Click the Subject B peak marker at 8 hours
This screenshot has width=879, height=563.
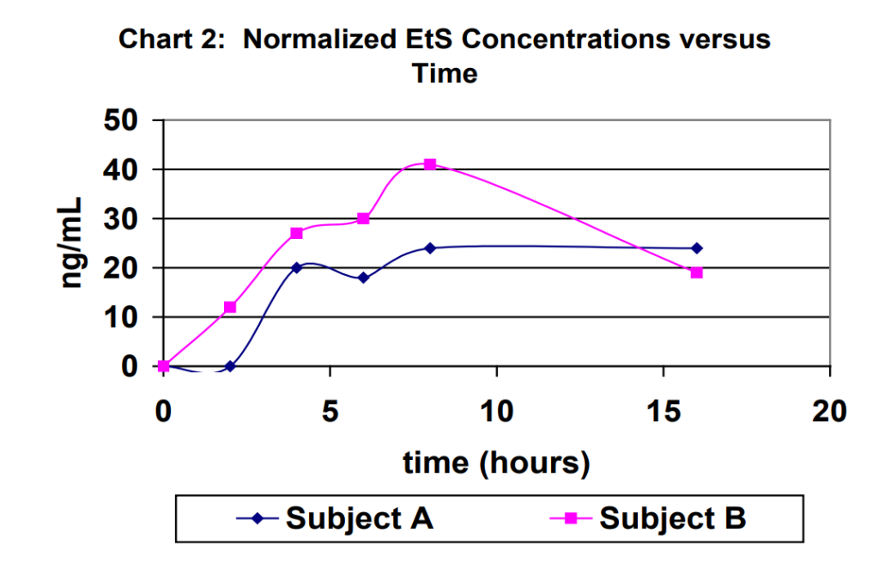pyautogui.click(x=430, y=164)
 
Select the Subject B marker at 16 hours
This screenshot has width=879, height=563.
pyautogui.click(x=697, y=272)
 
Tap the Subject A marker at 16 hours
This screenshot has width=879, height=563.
pyautogui.click(x=697, y=248)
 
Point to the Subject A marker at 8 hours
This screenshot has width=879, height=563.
pyautogui.click(x=430, y=248)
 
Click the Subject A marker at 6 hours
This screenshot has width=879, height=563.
pyautogui.click(x=363, y=278)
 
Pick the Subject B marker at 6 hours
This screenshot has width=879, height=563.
pyautogui.click(x=363, y=218)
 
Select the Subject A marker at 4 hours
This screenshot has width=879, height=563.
pyautogui.click(x=297, y=267)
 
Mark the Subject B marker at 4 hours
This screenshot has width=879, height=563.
pyautogui.click(x=297, y=233)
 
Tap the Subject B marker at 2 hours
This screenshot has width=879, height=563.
pyautogui.click(x=230, y=307)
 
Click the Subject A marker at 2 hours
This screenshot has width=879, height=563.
pyautogui.click(x=230, y=366)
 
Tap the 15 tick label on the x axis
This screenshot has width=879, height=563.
pyautogui.click(x=663, y=412)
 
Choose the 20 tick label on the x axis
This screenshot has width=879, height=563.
pyautogui.click(x=829, y=412)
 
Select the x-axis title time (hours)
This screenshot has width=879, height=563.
pyautogui.click(x=496, y=462)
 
